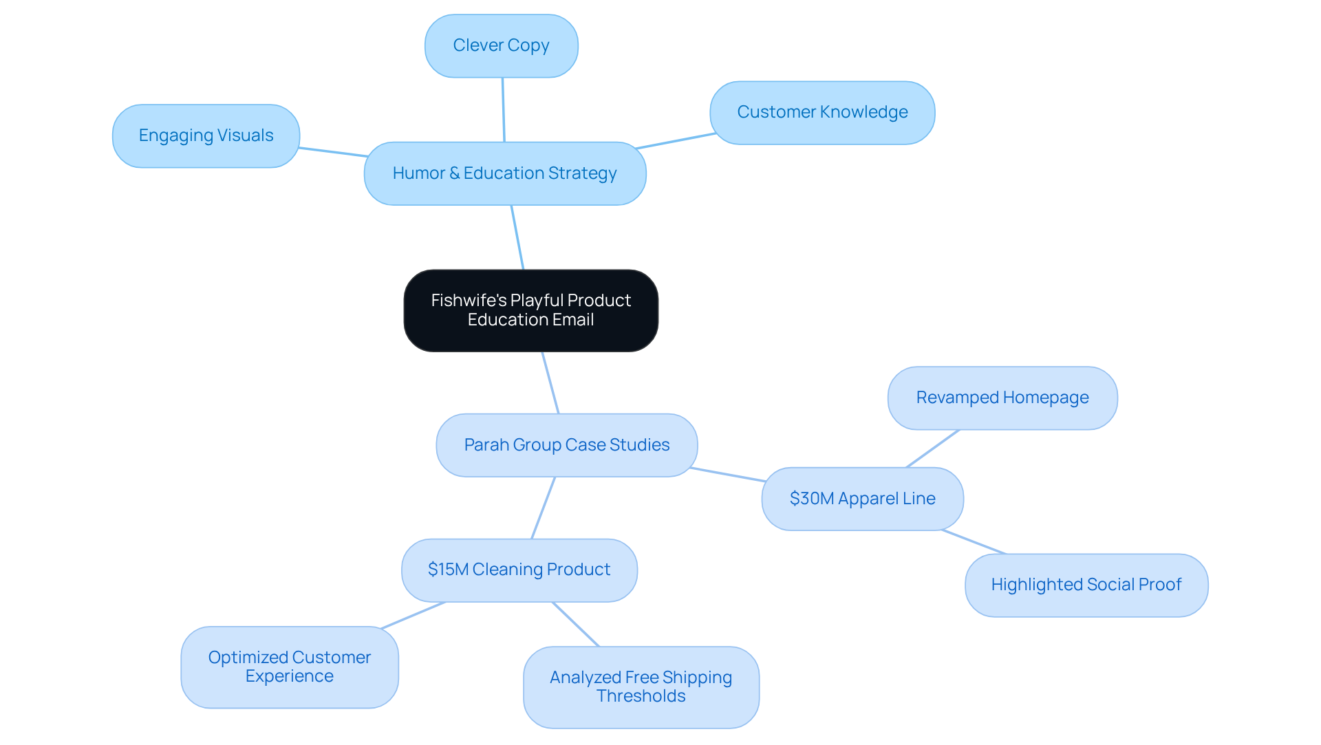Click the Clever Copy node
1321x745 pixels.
(501, 46)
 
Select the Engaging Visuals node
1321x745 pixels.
(206, 136)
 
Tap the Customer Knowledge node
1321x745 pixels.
(822, 112)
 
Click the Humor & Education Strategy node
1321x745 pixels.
(504, 173)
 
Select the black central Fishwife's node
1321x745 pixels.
(530, 310)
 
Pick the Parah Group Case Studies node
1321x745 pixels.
(566, 445)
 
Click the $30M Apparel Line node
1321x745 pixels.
(862, 499)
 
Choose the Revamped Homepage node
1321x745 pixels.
(1002, 398)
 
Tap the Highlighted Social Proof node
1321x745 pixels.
(1086, 585)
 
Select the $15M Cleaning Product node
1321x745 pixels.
(519, 570)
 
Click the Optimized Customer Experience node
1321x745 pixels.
(289, 667)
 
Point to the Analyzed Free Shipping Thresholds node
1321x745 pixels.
(641, 687)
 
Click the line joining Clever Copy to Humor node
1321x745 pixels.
(503, 110)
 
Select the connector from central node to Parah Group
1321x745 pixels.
(550, 382)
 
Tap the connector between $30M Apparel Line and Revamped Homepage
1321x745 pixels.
(933, 449)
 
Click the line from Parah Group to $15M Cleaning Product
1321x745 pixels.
(543, 508)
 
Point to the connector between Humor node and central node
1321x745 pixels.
(517, 237)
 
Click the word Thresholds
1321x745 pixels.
(641, 696)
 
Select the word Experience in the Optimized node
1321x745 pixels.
(289, 676)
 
